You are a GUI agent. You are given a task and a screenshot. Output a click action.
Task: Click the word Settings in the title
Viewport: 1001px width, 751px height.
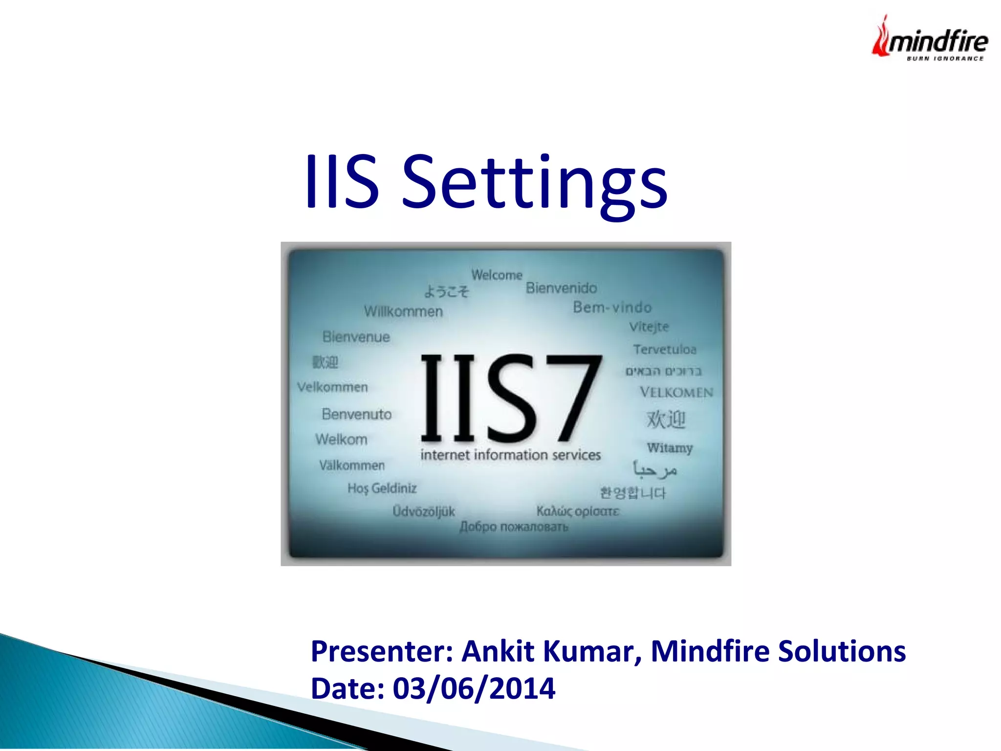[x=534, y=183]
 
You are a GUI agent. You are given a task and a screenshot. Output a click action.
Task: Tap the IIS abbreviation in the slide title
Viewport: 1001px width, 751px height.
[x=342, y=182]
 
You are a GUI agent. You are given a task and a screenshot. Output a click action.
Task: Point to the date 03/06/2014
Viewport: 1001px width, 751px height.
[x=474, y=688]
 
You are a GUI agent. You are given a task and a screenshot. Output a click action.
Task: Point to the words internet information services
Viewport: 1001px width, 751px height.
[x=510, y=455]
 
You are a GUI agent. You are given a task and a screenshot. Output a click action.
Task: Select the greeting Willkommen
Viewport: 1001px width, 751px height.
[x=403, y=311]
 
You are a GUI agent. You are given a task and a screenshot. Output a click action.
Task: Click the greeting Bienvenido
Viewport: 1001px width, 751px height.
[x=561, y=288]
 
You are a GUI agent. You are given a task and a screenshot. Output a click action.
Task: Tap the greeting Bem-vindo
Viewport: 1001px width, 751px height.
[x=612, y=307]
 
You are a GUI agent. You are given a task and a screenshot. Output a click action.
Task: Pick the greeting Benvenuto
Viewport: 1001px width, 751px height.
[x=356, y=414]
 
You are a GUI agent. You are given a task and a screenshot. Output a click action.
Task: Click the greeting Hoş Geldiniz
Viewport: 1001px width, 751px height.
[x=382, y=488]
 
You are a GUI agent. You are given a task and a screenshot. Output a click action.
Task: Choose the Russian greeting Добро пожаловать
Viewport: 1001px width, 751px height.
[x=514, y=527]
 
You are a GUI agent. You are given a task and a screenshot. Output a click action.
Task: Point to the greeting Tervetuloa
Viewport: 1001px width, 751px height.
[x=664, y=349]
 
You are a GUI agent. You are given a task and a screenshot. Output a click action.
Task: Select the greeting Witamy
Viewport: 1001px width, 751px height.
[x=670, y=447]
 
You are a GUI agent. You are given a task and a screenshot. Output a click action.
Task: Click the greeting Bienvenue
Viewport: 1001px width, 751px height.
[x=356, y=337]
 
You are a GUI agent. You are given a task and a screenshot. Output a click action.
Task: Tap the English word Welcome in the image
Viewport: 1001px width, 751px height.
[x=497, y=275]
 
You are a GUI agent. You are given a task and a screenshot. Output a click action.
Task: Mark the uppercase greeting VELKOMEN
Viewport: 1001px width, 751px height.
[x=676, y=392]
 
